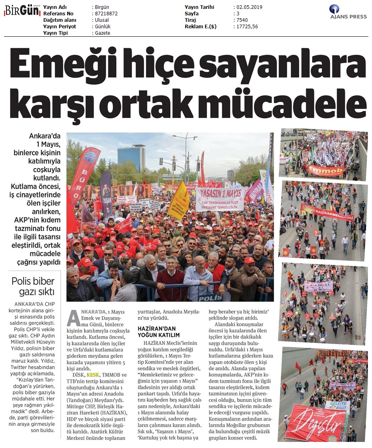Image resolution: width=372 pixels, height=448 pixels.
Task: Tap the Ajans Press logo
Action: click(348, 12)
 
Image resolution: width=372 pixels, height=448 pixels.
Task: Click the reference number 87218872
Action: click(105, 14)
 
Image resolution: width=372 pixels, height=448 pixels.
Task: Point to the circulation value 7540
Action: click(242, 20)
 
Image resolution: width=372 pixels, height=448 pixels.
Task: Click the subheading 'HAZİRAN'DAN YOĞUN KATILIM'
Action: click(159, 331)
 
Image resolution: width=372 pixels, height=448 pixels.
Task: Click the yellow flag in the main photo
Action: click(179, 201)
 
